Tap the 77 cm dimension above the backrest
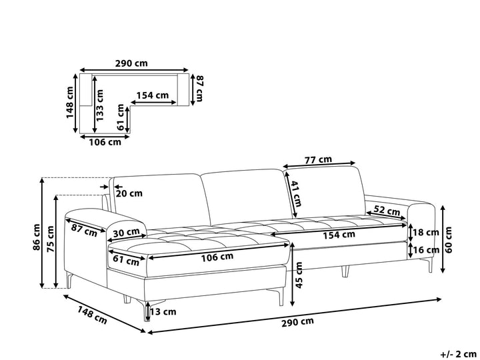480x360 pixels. (x=319, y=160)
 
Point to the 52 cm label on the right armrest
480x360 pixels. (x=387, y=210)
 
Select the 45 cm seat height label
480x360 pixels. (x=299, y=275)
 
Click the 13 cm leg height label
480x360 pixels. (x=163, y=311)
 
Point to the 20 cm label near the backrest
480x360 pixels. (x=129, y=194)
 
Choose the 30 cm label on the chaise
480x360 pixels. (x=126, y=233)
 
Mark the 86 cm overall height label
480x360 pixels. (x=37, y=237)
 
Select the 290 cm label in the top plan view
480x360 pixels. (x=131, y=65)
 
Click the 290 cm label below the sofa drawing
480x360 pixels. (x=297, y=321)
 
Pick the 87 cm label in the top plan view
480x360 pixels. (x=197, y=89)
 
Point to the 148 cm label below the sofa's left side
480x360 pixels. (x=93, y=313)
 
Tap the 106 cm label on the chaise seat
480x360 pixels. (x=217, y=256)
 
